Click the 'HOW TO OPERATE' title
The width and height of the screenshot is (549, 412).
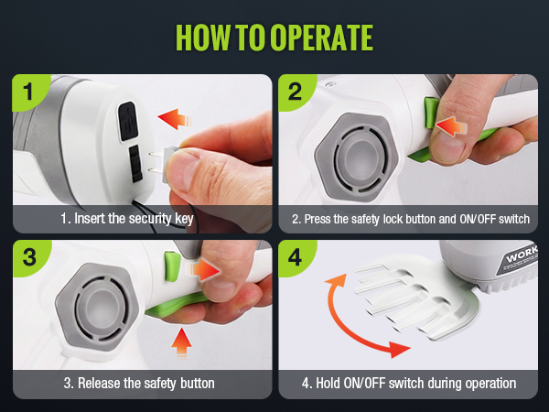(274, 38)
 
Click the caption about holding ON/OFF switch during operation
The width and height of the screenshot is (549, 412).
(409, 384)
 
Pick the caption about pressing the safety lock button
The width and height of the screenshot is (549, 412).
(409, 219)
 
